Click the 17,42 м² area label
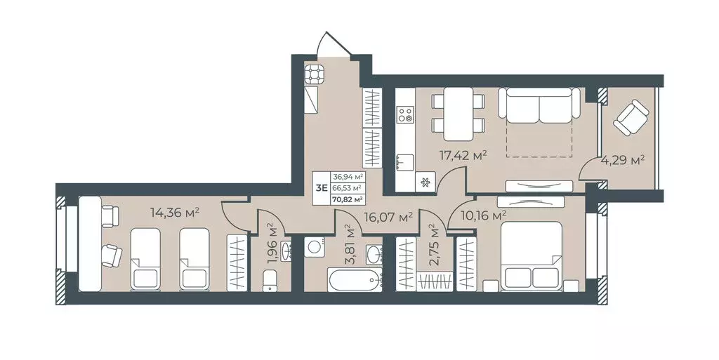(463, 156)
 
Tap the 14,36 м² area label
(175, 213)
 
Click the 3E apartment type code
(321, 187)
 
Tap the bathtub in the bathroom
(355, 279)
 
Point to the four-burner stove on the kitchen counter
(405, 114)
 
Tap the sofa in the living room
(539, 105)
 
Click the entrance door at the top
(336, 46)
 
